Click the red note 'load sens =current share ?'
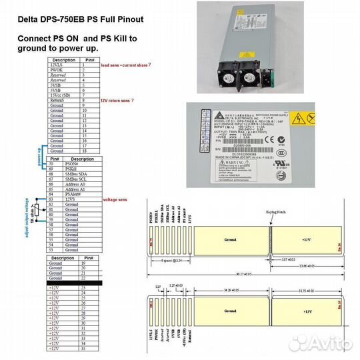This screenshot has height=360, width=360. coord(125,65)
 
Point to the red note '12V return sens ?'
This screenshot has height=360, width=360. coord(117,100)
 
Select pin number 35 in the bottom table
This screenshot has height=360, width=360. coord(83,349)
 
